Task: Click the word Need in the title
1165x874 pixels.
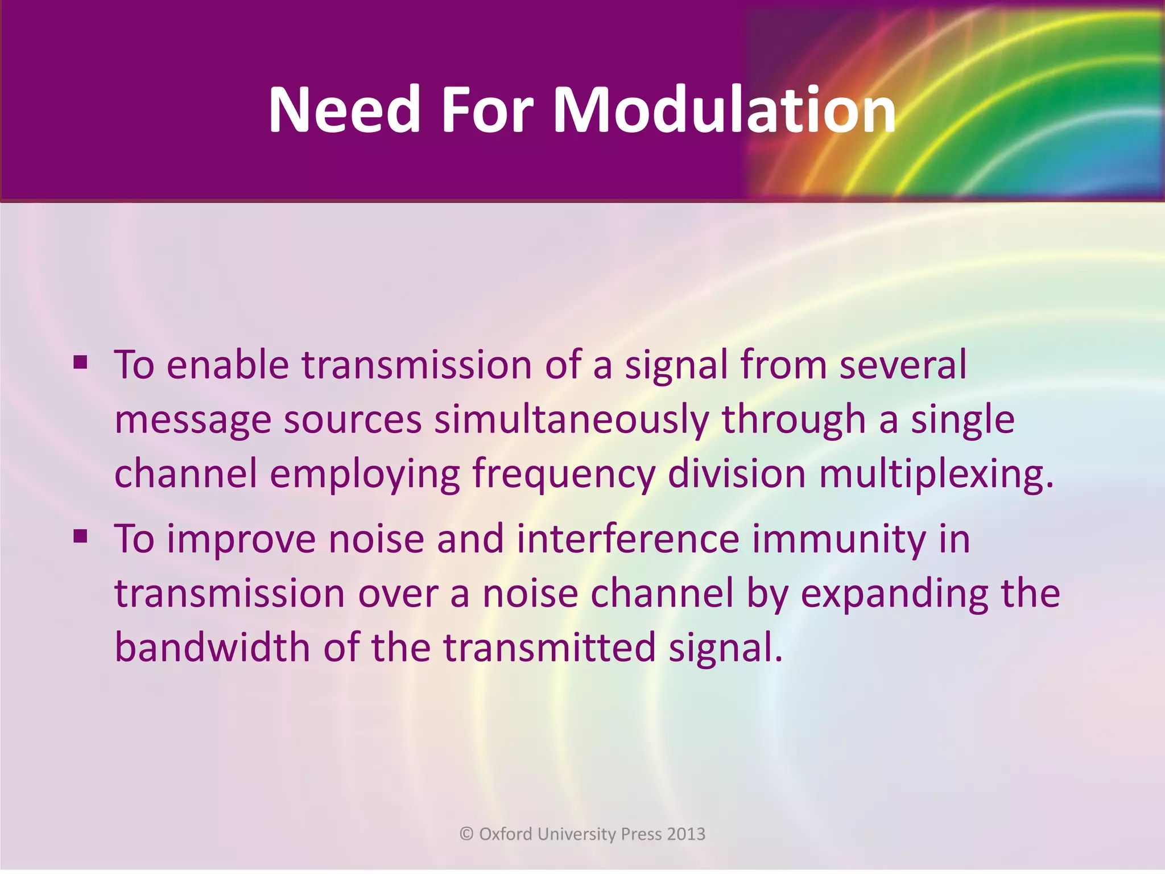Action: pyautogui.click(x=344, y=109)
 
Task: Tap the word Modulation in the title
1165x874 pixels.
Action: pyautogui.click(x=724, y=109)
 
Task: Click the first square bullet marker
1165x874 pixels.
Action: pyautogui.click(x=80, y=362)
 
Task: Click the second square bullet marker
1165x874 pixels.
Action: pyautogui.click(x=80, y=536)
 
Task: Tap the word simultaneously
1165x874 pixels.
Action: pyautogui.click(x=572, y=420)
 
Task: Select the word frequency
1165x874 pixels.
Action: pyautogui.click(x=564, y=475)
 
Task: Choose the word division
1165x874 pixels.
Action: pyautogui.click(x=737, y=474)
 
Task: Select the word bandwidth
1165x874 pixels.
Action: pyautogui.click(x=212, y=648)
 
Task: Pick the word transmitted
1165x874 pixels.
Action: pyautogui.click(x=550, y=648)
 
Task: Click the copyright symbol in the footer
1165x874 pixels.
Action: pyautogui.click(x=466, y=834)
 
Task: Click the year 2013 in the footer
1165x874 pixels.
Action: pyautogui.click(x=686, y=834)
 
